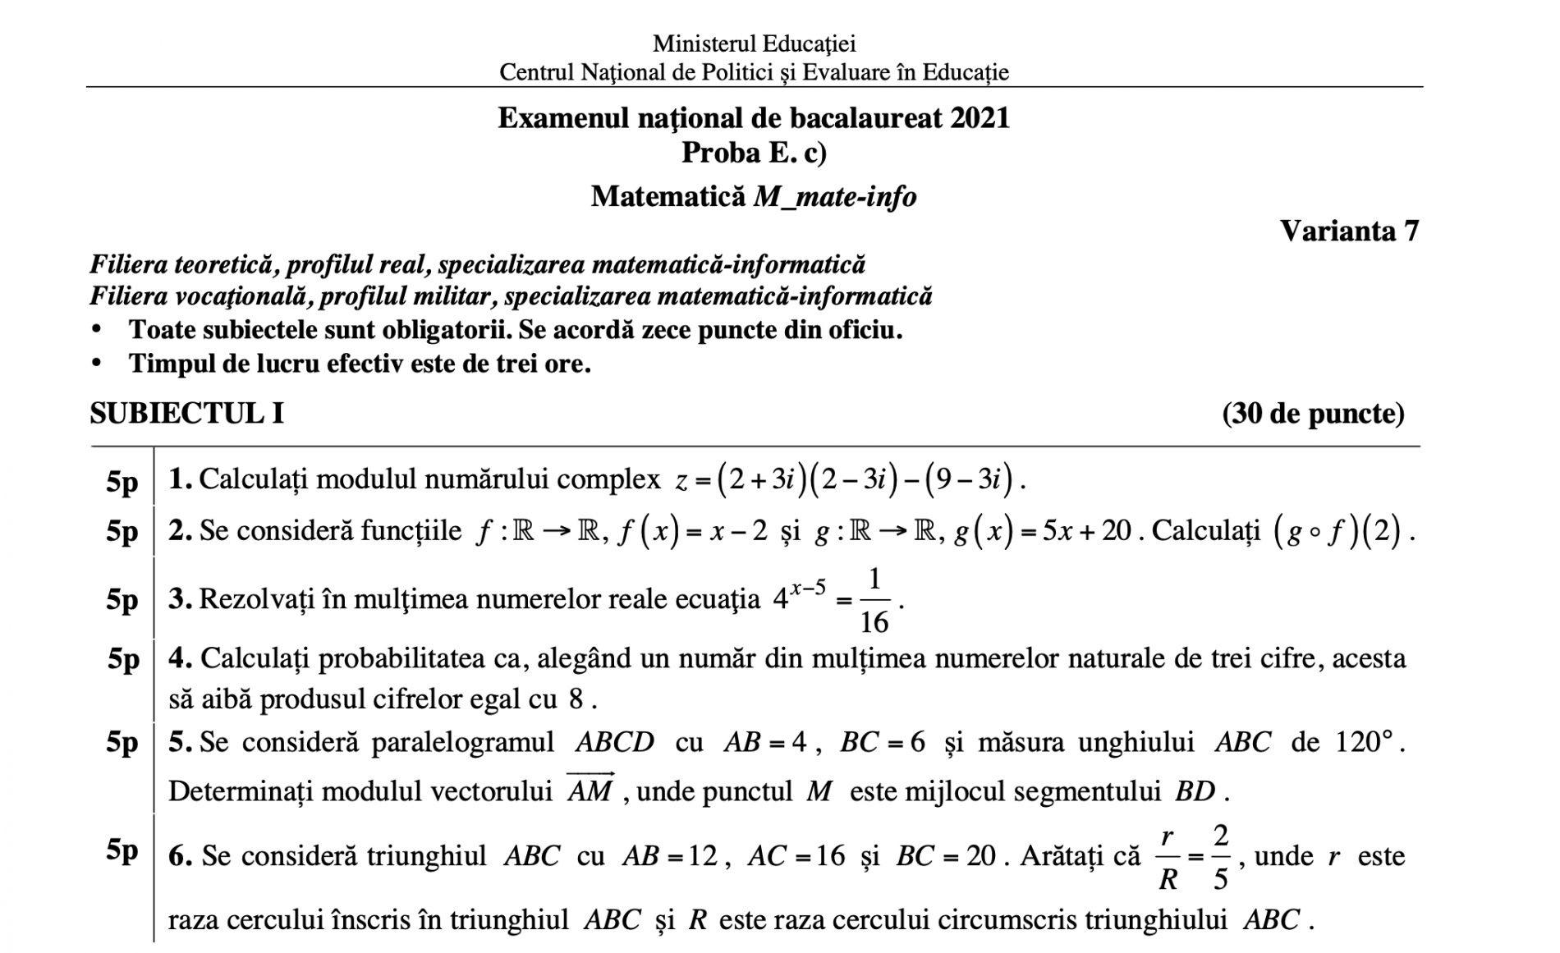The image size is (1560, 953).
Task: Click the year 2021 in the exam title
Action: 980,118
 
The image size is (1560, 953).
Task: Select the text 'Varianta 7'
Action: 1349,231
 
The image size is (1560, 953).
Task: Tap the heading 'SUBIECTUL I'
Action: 186,413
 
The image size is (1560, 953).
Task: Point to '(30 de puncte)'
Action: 1313,413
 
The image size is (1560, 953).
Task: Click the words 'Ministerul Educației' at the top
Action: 754,43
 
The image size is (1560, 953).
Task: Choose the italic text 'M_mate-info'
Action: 834,197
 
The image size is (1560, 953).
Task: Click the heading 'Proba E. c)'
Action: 754,153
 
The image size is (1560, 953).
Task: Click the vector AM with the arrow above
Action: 590,789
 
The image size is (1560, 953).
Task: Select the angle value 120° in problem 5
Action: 1364,742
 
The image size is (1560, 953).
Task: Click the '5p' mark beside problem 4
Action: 123,659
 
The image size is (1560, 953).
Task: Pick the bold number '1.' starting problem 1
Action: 180,479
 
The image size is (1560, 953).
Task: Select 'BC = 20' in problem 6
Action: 945,856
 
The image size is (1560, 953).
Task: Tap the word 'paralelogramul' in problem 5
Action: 462,742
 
